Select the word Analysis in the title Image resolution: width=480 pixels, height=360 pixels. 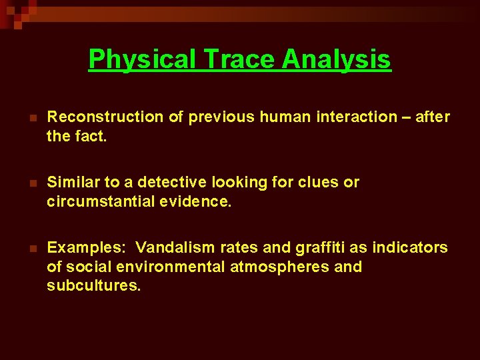pyautogui.click(x=337, y=59)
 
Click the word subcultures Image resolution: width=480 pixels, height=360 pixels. pyautogui.click(x=94, y=286)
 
